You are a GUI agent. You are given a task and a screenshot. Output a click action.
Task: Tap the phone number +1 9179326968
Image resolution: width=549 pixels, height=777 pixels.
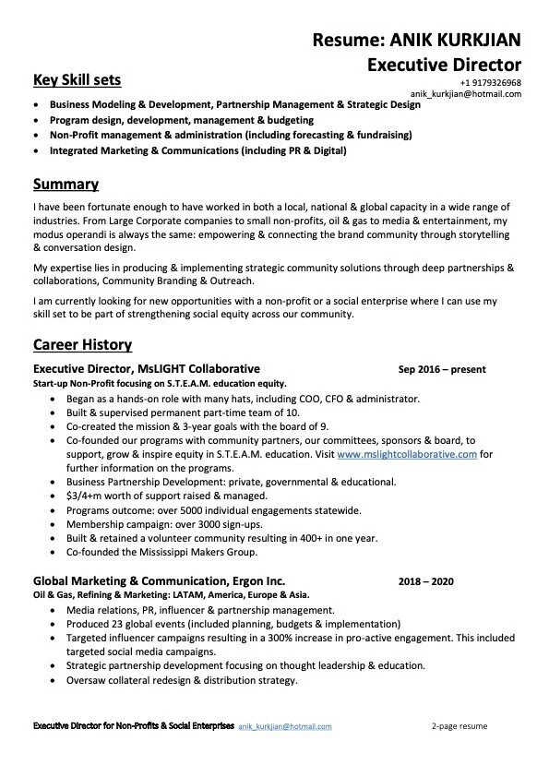(x=490, y=83)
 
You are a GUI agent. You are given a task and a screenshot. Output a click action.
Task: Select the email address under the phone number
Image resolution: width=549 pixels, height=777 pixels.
(x=465, y=94)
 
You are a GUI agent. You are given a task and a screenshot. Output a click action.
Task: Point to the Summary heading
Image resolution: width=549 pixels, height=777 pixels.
(x=66, y=184)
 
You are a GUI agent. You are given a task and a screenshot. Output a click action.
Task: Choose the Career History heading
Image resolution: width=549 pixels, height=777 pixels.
(x=82, y=345)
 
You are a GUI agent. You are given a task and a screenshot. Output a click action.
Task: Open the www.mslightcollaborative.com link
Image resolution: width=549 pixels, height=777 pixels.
(x=407, y=455)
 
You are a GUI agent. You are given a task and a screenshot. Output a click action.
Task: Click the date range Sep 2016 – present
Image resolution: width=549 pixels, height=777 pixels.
(x=441, y=370)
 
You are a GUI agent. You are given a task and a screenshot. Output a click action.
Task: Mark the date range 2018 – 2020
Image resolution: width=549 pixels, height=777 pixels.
(x=425, y=582)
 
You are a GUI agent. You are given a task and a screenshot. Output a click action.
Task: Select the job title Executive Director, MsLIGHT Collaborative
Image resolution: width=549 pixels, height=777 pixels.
(x=146, y=369)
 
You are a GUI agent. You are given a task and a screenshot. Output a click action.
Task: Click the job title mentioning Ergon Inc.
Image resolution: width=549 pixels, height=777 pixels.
(x=159, y=581)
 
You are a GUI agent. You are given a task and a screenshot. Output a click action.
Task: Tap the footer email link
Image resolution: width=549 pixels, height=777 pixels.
(x=285, y=727)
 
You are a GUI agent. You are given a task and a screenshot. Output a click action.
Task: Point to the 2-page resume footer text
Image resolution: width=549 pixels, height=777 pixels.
(x=459, y=727)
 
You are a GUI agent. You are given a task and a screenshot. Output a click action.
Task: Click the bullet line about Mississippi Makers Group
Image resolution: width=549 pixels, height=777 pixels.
(x=161, y=552)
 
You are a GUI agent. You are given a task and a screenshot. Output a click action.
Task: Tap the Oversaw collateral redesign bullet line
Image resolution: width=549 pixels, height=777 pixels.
(x=181, y=680)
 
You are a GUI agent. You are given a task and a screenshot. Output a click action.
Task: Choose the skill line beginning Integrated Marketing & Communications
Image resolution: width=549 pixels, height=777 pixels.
(x=197, y=149)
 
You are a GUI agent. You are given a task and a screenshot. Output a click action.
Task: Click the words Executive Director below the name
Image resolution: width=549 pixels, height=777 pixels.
(x=444, y=65)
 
